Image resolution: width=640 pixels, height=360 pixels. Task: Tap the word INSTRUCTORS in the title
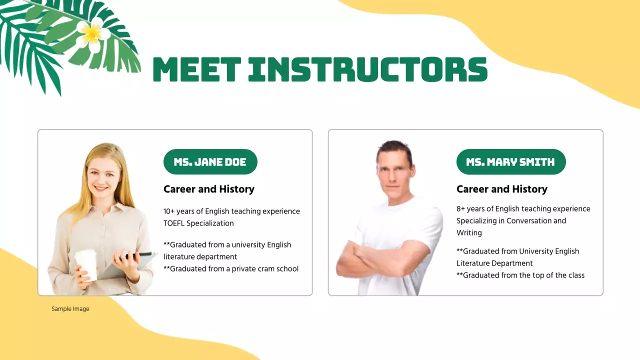(367, 69)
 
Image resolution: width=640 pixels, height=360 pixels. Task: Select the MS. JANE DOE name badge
(210, 162)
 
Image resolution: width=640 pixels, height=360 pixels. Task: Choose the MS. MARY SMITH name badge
(510, 162)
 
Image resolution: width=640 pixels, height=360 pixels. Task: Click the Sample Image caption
(70, 309)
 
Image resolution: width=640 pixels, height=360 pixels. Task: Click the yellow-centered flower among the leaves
(92, 32)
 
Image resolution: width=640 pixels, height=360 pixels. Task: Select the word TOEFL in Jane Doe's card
(174, 223)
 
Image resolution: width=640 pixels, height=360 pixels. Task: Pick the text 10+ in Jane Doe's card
(170, 211)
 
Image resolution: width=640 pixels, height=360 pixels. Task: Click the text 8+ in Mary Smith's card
(461, 209)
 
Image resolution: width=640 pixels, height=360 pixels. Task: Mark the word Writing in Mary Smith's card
(469, 233)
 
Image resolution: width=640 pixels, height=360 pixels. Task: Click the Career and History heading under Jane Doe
(209, 189)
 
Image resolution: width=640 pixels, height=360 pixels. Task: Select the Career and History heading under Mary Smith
(502, 189)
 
